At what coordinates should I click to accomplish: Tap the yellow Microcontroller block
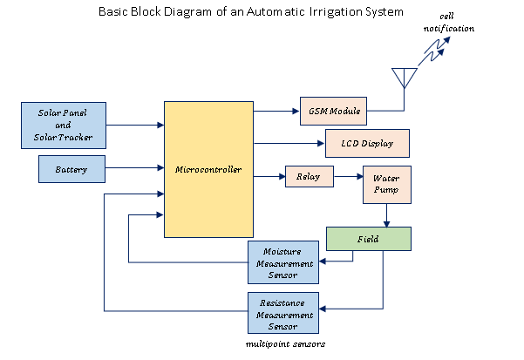click(x=208, y=169)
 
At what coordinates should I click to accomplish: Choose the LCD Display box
click(x=366, y=142)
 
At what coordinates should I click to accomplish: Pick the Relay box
click(x=310, y=177)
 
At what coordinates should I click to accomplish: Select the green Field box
click(x=367, y=238)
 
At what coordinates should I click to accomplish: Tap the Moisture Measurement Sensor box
click(x=283, y=262)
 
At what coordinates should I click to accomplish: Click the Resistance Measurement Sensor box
click(x=283, y=314)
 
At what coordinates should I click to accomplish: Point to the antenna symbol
click(x=404, y=78)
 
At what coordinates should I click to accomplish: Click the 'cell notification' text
click(x=450, y=24)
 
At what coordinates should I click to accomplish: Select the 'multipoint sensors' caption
click(x=284, y=345)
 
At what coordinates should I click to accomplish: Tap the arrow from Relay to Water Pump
click(x=348, y=177)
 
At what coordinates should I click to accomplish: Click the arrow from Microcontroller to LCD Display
click(x=288, y=142)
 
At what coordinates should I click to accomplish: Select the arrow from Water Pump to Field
click(x=387, y=216)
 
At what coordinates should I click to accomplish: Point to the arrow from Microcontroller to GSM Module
click(x=276, y=112)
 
